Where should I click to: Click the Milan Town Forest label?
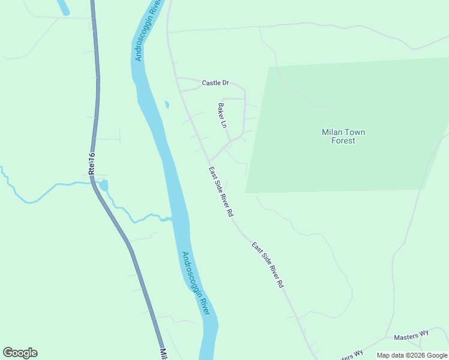coord(343,136)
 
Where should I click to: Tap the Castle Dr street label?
coord(215,83)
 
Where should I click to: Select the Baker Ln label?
coord(222,116)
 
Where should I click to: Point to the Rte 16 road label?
coord(92,164)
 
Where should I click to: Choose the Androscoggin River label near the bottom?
coord(196,283)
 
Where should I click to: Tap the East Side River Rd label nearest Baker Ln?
coord(221,192)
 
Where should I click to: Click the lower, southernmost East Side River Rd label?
coord(267,265)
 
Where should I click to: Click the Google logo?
coord(20,353)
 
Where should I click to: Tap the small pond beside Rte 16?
coord(104,185)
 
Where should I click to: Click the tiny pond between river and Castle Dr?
coord(167,104)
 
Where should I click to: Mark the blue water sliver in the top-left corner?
coord(63,7)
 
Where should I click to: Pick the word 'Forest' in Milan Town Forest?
coord(343,141)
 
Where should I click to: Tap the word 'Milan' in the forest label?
coord(333,132)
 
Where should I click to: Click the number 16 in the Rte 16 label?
coord(91,157)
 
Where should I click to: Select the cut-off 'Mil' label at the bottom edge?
coord(163,354)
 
